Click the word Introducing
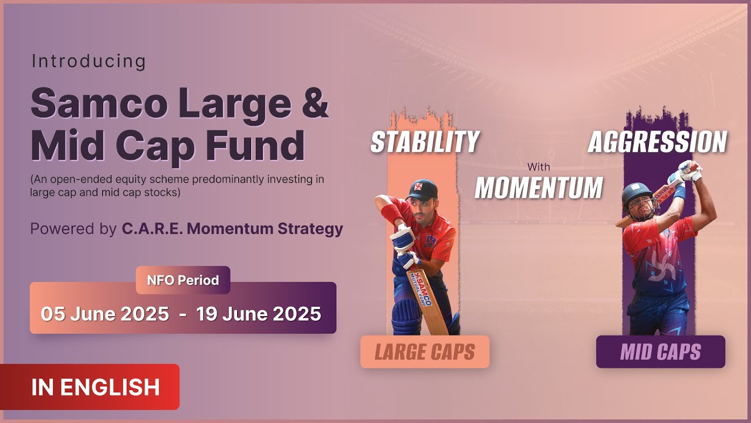[89, 61]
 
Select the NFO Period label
[183, 280]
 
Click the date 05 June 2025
[105, 314]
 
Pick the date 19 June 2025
[259, 314]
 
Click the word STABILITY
[425, 142]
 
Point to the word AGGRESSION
[657, 142]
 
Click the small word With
[538, 167]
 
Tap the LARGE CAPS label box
[425, 352]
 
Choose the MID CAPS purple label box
[661, 352]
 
